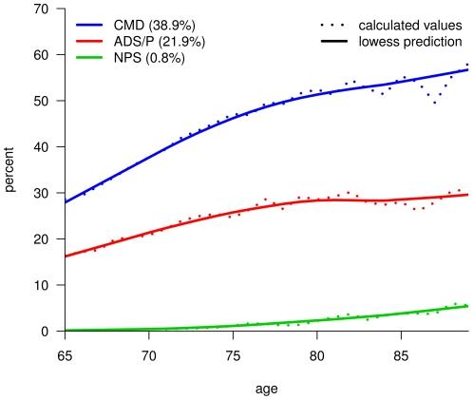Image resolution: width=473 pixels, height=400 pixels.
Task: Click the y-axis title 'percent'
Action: tap(10, 170)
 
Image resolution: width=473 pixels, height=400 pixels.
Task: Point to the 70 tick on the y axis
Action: tap(41, 9)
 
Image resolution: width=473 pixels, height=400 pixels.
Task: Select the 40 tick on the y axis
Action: tap(41, 146)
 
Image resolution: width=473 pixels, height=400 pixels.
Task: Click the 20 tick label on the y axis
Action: tap(41, 238)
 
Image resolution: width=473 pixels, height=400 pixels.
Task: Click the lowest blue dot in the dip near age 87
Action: tap(435, 102)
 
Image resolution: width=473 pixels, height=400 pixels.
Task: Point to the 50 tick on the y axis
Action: tap(41, 101)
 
